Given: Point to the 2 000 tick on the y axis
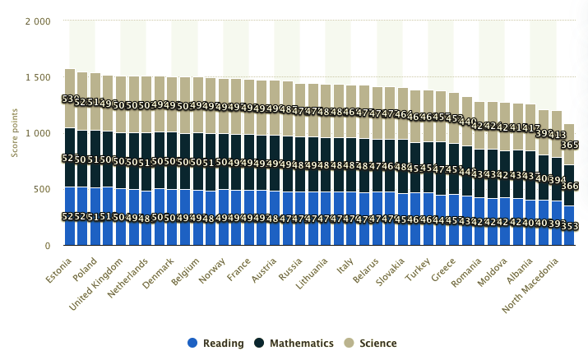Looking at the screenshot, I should (x=38, y=21).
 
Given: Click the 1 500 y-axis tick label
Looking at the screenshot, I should (x=38, y=77).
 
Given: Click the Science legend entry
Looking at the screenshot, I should (x=371, y=343).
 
